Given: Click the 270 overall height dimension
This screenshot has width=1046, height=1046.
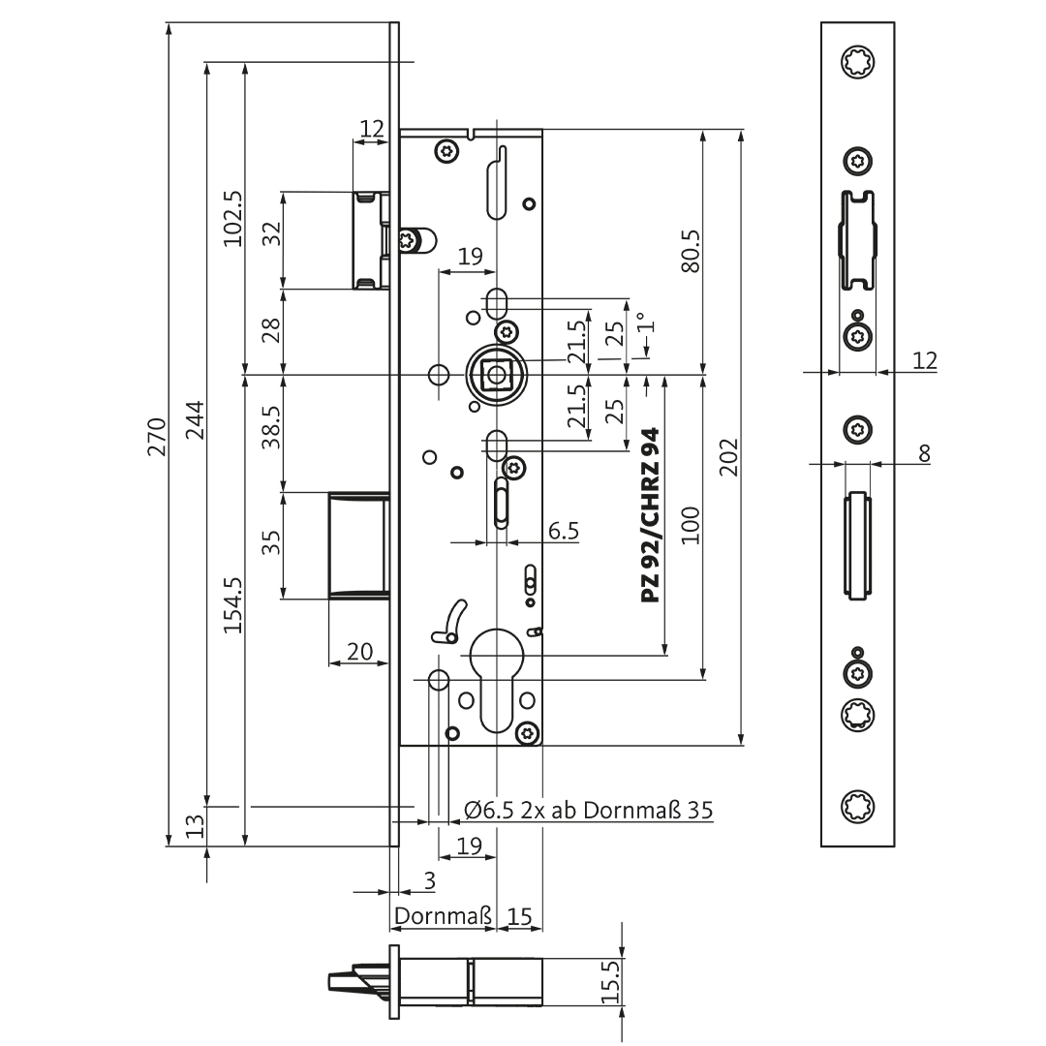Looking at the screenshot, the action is pos(157,436).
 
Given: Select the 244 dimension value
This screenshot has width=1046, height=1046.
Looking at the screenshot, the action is pos(195,419).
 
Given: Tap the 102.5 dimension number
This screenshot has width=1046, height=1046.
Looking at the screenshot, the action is pos(232,219).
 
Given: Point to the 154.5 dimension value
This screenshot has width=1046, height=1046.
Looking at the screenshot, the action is pos(232,605).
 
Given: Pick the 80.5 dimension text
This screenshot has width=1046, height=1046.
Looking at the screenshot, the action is pos(691,252).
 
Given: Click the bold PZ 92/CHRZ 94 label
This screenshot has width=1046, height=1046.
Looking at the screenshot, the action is pos(650,515).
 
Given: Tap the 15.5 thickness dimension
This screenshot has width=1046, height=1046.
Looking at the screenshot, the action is pos(611,981).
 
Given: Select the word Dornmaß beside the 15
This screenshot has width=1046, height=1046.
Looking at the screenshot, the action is pos(443,915).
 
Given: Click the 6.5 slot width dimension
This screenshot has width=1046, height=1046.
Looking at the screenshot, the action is pos(564,531).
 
